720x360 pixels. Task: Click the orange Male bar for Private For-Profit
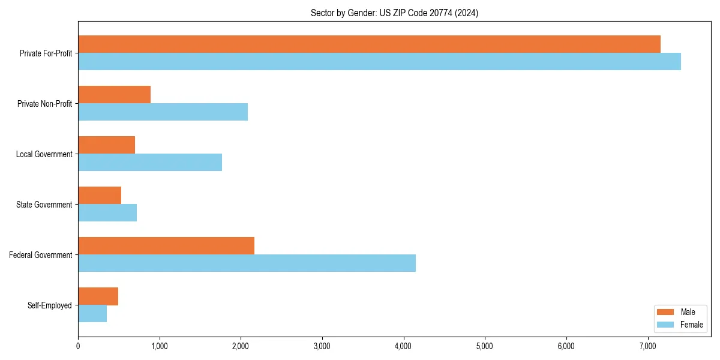[x=369, y=44]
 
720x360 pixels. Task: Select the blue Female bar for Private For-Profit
[x=379, y=62]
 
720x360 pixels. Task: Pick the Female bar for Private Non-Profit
[x=163, y=112]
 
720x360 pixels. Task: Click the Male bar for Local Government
[x=106, y=145]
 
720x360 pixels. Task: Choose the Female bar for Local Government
[x=150, y=163]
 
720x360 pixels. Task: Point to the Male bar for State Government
[x=100, y=196]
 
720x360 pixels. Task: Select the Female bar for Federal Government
[x=247, y=263]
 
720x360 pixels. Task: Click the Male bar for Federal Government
[x=166, y=246]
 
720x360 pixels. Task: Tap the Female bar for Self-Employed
[x=92, y=314]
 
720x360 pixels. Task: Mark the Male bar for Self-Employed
[x=98, y=296]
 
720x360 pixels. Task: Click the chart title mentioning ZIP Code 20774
[x=394, y=13]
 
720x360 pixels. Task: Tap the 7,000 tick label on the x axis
[x=648, y=346]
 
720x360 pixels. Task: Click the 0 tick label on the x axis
[x=78, y=346]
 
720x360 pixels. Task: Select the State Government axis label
[x=44, y=205]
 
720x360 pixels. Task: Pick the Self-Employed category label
[x=49, y=305]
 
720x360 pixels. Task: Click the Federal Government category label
[x=40, y=255]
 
